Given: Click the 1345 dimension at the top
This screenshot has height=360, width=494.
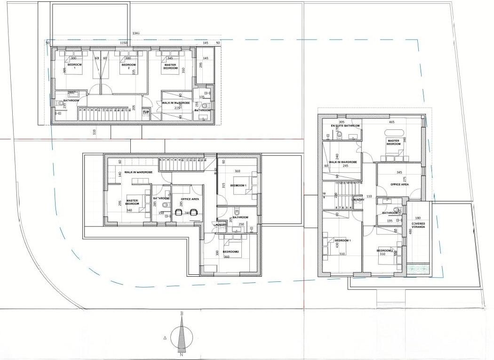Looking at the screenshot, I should (x=136, y=33).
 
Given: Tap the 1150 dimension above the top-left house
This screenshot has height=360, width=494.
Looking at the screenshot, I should (x=124, y=43).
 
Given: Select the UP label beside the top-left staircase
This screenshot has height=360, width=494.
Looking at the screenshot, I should (x=146, y=112).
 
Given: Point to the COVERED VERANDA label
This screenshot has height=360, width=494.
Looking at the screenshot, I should (x=418, y=225).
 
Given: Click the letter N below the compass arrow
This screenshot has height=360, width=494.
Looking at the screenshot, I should (x=181, y=355).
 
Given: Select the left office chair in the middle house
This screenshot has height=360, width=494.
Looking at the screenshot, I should (x=179, y=212).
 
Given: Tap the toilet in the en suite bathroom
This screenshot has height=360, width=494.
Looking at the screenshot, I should (x=339, y=136).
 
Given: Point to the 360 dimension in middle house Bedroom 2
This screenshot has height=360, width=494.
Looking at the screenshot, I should (x=226, y=257).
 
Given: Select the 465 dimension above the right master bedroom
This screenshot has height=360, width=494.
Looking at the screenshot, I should (x=391, y=121).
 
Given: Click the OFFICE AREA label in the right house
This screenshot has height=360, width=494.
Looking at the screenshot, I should (x=399, y=184).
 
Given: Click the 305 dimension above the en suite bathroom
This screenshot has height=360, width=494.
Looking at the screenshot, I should (x=342, y=121).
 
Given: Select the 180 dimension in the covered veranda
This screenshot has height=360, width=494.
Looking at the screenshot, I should (x=418, y=218).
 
